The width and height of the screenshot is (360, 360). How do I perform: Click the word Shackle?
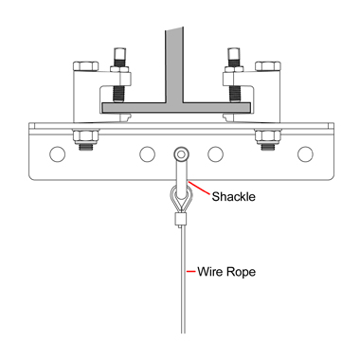[233, 196]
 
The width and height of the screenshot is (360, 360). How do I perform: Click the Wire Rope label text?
[226, 272]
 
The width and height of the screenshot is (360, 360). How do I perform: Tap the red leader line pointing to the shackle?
[199, 188]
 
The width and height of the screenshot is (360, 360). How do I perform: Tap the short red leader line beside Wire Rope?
[190, 271]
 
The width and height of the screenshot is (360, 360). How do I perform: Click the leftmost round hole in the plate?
[58, 154]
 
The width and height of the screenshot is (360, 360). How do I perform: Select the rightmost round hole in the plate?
[305, 154]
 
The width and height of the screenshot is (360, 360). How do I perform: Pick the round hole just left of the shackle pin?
[147, 154]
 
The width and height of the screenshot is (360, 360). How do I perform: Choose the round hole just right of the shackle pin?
[216, 154]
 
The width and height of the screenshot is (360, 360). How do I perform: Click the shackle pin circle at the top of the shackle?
[181, 154]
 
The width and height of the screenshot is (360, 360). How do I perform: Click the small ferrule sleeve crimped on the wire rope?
[181, 220]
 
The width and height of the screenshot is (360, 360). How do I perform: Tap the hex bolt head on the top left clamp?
[86, 66]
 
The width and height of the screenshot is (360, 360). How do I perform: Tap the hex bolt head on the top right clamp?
[268, 66]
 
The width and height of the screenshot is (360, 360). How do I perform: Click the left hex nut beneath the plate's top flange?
[86, 136]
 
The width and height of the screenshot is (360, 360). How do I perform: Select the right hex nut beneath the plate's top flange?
[268, 136]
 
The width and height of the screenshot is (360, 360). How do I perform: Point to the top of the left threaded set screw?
[119, 49]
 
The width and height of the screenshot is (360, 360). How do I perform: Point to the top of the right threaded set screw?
[235, 49]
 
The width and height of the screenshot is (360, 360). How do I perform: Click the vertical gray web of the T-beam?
[174, 64]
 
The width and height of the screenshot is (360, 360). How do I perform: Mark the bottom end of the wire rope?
[183, 333]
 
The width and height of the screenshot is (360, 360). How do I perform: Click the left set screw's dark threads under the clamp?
[119, 95]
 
